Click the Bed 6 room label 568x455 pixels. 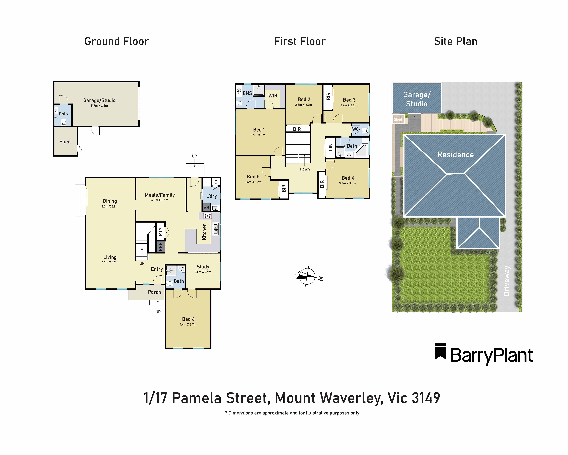(x=188, y=319)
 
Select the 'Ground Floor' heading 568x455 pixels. (x=117, y=41)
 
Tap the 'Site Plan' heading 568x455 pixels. (x=456, y=41)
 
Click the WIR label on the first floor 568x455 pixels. (x=273, y=96)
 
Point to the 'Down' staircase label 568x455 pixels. (x=305, y=169)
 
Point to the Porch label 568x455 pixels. (x=154, y=292)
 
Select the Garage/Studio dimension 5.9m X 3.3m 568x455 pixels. (x=99, y=106)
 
